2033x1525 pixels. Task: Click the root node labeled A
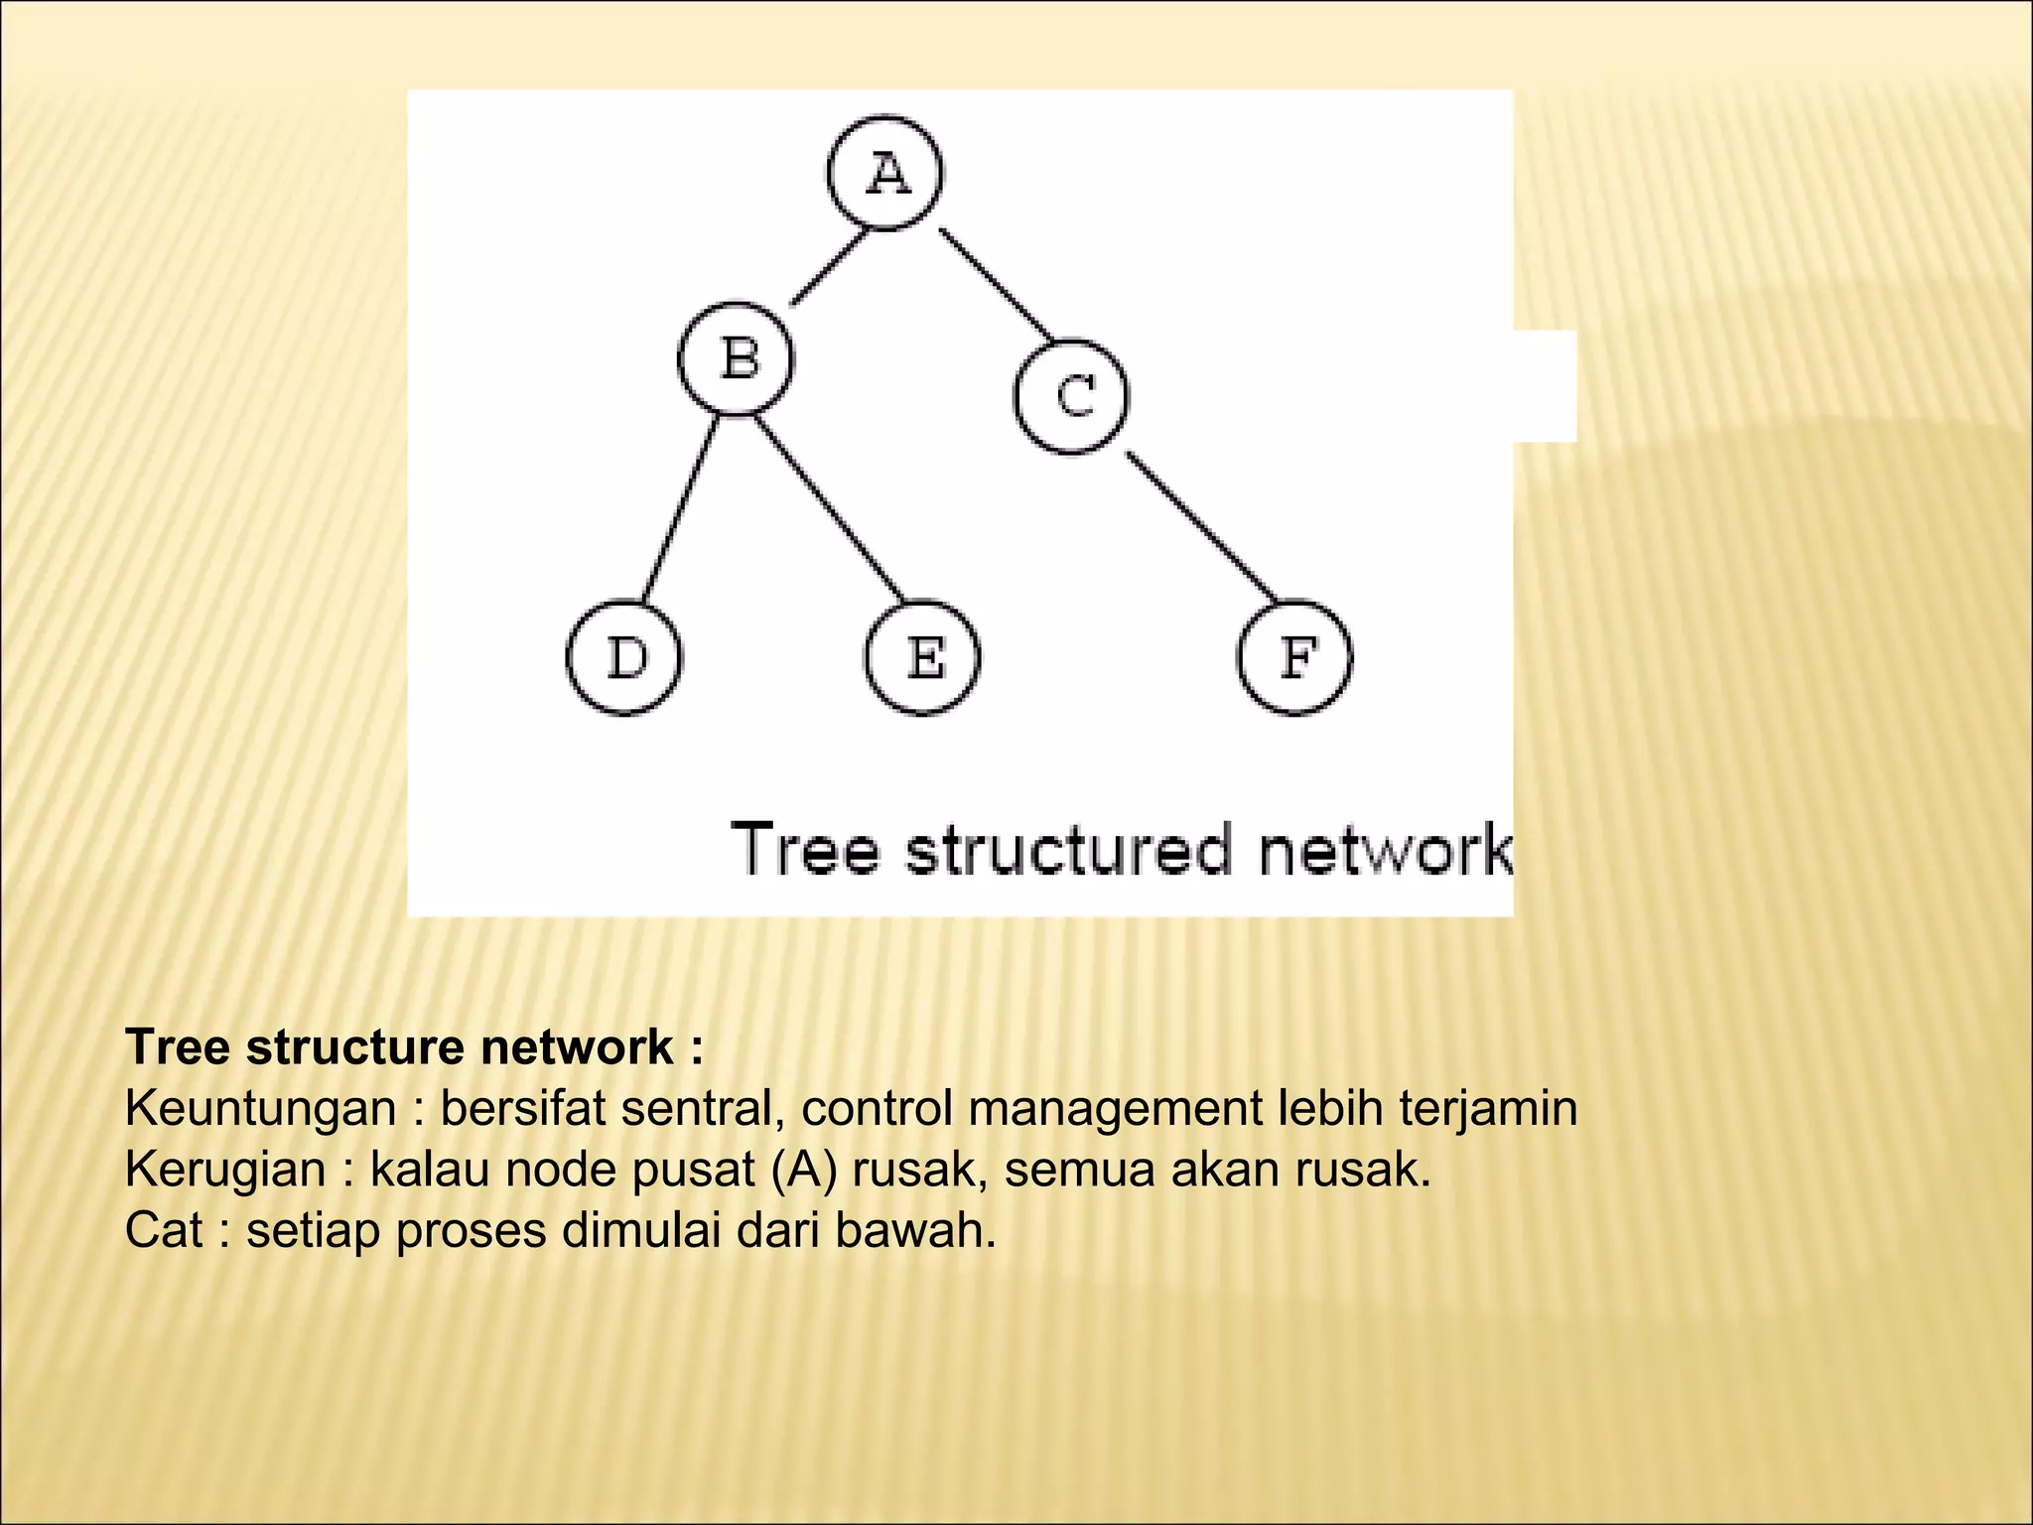pyautogui.click(x=884, y=174)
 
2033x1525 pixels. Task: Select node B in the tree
pyautogui.click(x=737, y=358)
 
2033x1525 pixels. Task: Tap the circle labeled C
pyautogui.click(x=1072, y=396)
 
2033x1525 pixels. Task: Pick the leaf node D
pyautogui.click(x=625, y=657)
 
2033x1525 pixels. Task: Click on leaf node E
pyautogui.click(x=923, y=657)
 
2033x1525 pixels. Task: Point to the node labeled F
pyautogui.click(x=1295, y=657)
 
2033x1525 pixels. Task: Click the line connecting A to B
pyautogui.click(x=828, y=268)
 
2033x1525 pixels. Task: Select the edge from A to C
pyautogui.click(x=995, y=283)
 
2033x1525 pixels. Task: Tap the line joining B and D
pyautogui.click(x=681, y=508)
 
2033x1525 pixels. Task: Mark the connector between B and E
pyautogui.click(x=829, y=508)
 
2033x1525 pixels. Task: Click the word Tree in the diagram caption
pyautogui.click(x=805, y=850)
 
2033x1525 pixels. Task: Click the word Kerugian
pyautogui.click(x=225, y=1170)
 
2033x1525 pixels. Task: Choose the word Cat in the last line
pyautogui.click(x=164, y=1231)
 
